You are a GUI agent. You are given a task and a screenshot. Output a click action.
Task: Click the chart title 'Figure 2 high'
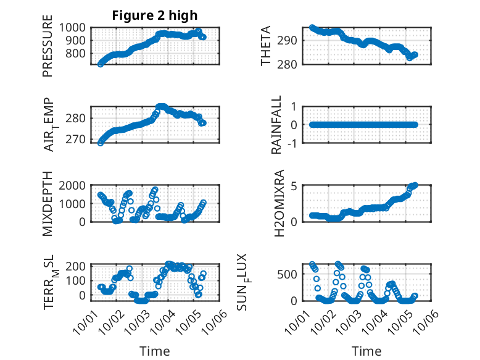155,15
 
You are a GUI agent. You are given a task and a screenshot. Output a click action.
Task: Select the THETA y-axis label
266,46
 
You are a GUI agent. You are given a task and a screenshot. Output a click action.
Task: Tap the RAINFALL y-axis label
277,125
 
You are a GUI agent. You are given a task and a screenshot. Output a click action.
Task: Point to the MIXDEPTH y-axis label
48,204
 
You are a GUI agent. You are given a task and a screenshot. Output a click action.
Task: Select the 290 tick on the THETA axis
292,40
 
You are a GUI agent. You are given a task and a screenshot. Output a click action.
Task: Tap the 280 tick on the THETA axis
292,64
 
